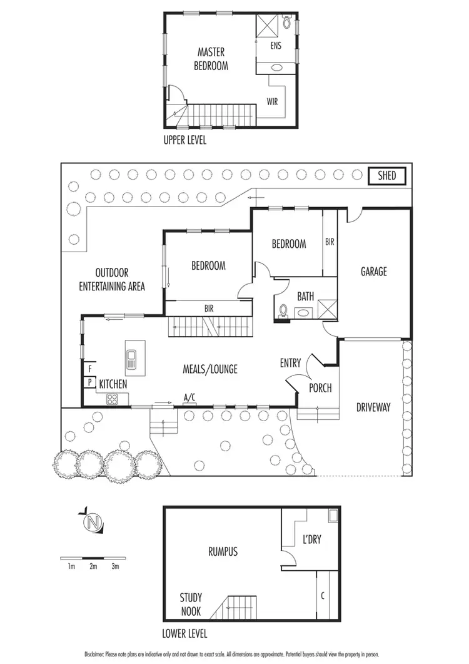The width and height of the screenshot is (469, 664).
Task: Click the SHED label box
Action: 387,176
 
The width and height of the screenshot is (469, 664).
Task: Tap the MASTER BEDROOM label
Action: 211,59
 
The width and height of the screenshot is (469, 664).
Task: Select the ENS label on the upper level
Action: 276,46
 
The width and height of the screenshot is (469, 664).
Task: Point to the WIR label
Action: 272,101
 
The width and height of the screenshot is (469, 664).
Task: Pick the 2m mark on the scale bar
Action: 93,567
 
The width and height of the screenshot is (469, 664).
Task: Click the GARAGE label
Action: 373,272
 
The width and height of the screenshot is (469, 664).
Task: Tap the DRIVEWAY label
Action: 373,407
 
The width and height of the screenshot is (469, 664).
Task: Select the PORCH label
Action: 320,388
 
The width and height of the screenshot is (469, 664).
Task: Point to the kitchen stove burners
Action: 113,399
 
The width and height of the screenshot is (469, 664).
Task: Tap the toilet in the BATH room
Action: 284,310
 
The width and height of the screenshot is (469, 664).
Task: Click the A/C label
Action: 189,397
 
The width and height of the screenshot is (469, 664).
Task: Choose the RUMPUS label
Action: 223,551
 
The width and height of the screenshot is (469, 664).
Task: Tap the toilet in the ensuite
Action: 287,23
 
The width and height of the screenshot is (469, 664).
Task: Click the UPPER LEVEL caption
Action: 184,141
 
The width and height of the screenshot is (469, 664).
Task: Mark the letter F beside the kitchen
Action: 90,369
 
